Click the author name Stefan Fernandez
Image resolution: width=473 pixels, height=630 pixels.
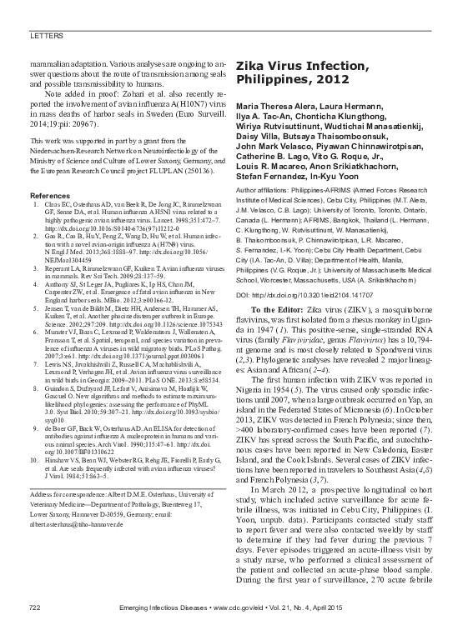(x=274, y=176)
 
